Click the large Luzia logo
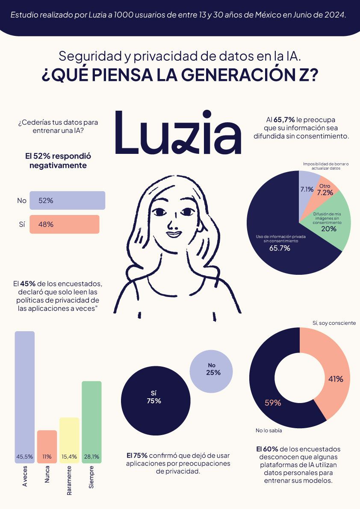[178, 133]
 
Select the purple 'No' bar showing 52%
[67, 200]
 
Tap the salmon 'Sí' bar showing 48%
[64, 224]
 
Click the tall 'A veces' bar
[25, 393]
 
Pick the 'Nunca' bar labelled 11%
[47, 444]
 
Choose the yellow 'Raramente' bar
[69, 438]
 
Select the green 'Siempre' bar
[91, 419]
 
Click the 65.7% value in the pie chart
[280, 248]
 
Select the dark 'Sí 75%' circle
[156, 397]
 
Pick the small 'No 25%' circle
[211, 369]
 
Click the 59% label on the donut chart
[273, 403]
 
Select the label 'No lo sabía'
[269, 430]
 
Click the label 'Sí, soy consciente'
[334, 323]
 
